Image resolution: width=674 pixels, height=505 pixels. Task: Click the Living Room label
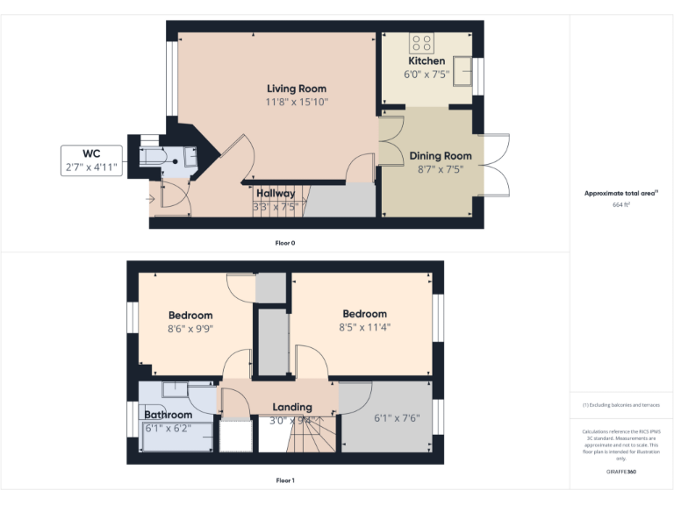[297, 89]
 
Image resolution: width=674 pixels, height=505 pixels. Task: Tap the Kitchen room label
[427, 61]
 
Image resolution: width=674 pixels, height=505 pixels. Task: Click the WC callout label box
[91, 160]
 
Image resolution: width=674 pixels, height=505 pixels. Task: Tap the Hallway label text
[276, 193]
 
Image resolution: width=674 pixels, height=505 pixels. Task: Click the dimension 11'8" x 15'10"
[297, 103]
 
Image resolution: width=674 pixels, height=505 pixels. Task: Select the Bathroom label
[168, 415]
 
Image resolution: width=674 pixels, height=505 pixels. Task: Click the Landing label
[292, 407]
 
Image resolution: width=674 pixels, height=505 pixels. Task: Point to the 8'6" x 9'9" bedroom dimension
[190, 329]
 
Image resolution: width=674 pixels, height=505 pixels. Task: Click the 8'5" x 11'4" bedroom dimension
[364, 327]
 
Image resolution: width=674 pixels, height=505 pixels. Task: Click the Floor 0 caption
[284, 242]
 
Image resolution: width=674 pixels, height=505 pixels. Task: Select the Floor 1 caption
[284, 480]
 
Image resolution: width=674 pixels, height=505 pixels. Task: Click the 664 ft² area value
[621, 204]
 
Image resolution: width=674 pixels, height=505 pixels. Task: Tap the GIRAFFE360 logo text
[621, 472]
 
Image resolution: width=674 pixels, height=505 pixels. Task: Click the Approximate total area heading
[620, 193]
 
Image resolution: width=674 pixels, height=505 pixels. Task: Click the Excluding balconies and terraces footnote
[621, 405]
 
